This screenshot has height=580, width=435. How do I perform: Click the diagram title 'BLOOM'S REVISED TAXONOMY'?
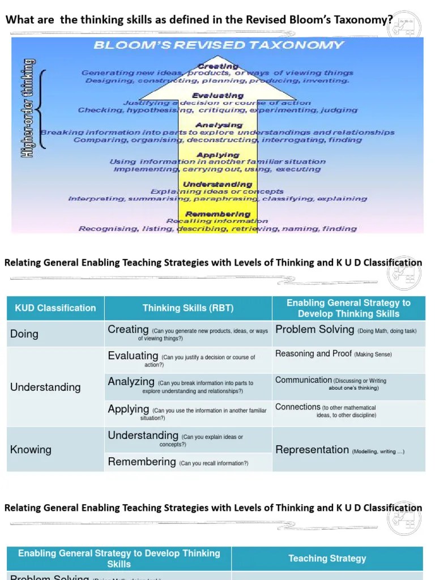[x=218, y=45]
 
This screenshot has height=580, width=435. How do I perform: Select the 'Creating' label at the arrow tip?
[x=218, y=66]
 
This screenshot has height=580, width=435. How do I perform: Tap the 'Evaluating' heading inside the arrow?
[x=218, y=96]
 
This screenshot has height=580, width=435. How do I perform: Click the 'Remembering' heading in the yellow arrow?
[x=218, y=214]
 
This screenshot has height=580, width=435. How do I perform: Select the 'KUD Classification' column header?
[x=56, y=308]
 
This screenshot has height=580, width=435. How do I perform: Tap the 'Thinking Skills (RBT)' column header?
[x=188, y=308]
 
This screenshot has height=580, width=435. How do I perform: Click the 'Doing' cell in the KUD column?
[x=24, y=334]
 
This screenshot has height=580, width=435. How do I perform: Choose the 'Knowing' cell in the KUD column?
[x=31, y=450]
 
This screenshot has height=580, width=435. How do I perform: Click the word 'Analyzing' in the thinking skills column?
[x=131, y=382]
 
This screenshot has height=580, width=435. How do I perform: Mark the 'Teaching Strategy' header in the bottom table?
[x=327, y=558]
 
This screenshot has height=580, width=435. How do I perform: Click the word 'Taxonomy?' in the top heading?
[x=366, y=20]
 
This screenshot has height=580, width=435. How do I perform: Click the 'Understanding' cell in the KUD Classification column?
[x=46, y=387]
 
